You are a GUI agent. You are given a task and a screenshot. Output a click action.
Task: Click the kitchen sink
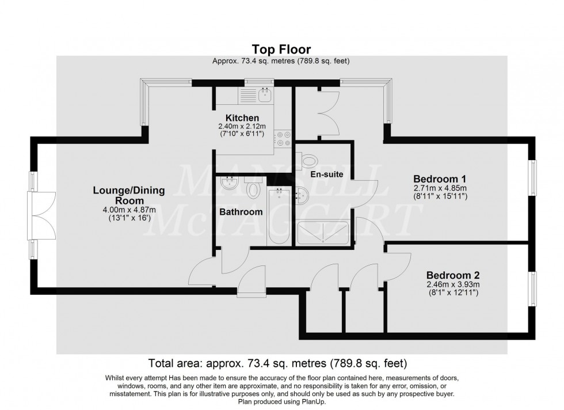tap(265, 96)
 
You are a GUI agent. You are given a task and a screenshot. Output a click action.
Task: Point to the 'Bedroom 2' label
tap(452, 275)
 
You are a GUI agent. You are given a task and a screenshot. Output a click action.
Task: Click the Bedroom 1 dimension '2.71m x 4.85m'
tap(440, 188)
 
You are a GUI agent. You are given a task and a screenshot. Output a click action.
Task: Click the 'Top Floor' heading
tap(281, 48)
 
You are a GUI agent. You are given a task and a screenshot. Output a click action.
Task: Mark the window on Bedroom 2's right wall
tap(532, 290)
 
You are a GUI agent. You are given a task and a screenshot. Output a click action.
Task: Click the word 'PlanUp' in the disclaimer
tap(313, 402)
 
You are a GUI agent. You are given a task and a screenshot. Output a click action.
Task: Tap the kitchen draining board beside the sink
tap(247, 96)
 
